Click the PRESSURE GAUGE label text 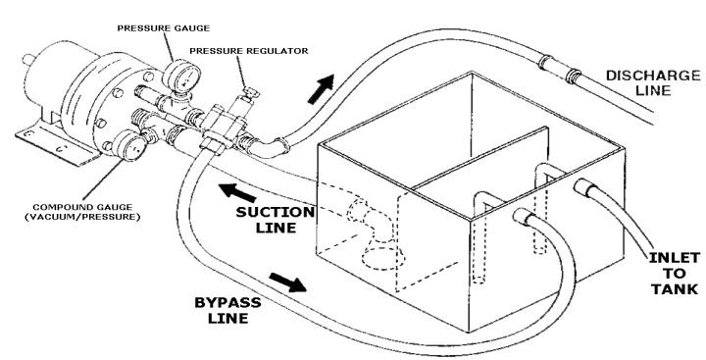click(x=164, y=28)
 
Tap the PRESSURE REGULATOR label click(x=249, y=51)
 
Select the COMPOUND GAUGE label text click(x=82, y=207)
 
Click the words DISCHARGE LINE click(x=653, y=82)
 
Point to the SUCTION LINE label click(x=276, y=220)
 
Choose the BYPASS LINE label click(x=227, y=310)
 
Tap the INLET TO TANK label click(x=674, y=274)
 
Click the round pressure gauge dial click(x=181, y=77)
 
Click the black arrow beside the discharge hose click(x=321, y=88)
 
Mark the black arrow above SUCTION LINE click(x=237, y=193)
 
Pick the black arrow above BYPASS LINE click(x=288, y=283)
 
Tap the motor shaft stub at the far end click(x=28, y=60)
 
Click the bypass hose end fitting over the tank click(x=524, y=216)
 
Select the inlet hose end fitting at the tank click(x=584, y=187)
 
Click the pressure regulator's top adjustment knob click(x=250, y=93)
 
